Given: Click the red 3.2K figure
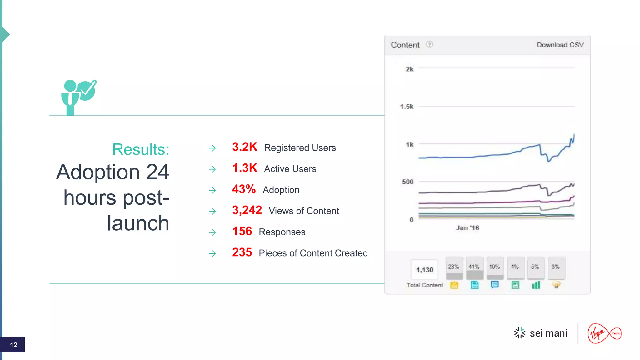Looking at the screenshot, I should pos(245,147).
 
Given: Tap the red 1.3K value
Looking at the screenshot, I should pos(245,168).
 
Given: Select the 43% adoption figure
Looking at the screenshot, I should pos(244,189).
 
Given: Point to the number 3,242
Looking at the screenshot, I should pos(247,210).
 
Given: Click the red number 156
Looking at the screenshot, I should pos(242,232).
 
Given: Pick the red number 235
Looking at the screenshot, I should pos(242,252).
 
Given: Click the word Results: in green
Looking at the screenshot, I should pos(141,149).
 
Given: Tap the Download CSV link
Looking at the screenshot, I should pos(560,45).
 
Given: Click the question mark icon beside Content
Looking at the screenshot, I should pos(430,45).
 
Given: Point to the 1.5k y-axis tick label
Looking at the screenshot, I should pos(407,107).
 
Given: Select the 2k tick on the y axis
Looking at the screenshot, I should pos(409,69).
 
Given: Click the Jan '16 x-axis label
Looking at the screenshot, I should pos(467,228).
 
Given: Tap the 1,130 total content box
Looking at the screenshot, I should pos(424,270).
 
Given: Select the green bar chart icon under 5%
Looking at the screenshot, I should pos(536,285).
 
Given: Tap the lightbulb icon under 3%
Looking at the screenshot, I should pos(556,285).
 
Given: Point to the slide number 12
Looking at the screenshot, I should pos(13,345).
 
